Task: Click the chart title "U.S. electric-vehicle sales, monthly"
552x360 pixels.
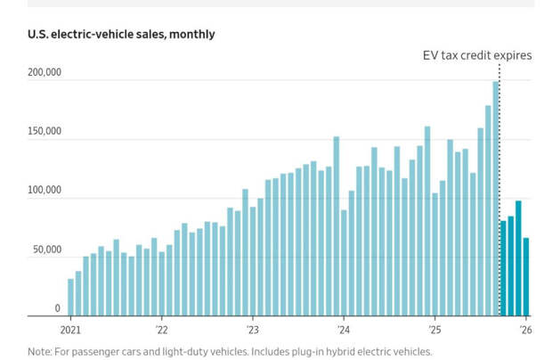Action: pyautogui.click(x=121, y=35)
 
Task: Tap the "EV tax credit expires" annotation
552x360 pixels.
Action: pyautogui.click(x=476, y=55)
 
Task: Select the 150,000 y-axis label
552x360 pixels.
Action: pyautogui.click(x=44, y=132)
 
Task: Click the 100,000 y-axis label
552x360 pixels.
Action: pyautogui.click(x=44, y=191)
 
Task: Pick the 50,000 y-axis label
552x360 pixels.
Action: pyautogui.click(x=46, y=250)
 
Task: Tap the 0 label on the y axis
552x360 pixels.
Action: pyautogui.click(x=57, y=308)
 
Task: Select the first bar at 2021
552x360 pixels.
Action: pyautogui.click(x=70, y=298)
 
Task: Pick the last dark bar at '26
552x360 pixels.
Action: pyautogui.click(x=526, y=276)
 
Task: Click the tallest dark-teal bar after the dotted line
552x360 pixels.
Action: pyautogui.click(x=518, y=258)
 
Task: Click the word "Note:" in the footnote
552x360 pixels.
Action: pyautogui.click(x=40, y=351)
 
